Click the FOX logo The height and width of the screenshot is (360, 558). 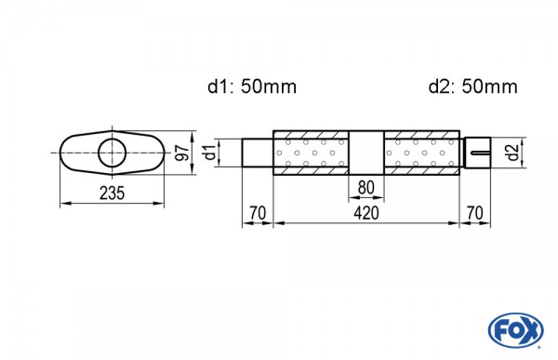515,330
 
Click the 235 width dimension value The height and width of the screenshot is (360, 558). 113,193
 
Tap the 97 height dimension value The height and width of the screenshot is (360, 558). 182,153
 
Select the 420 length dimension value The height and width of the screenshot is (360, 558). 366,213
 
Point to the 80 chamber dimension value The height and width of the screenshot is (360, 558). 366,187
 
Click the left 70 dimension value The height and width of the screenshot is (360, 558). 258,213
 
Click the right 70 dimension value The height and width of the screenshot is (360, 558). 474,213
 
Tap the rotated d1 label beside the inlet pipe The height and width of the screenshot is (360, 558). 211,152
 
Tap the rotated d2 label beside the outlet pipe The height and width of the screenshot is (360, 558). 512,152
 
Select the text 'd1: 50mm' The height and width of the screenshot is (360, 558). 252,87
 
